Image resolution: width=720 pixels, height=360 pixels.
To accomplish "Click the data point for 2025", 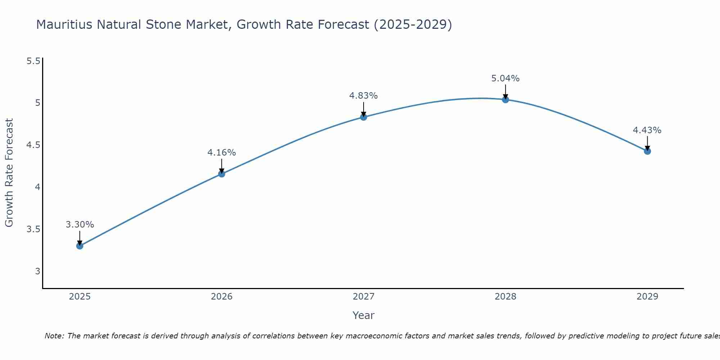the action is click(80, 246).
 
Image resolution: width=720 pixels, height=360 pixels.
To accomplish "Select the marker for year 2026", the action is click(222, 174).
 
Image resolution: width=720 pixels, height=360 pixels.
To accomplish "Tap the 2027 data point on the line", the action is click(364, 117).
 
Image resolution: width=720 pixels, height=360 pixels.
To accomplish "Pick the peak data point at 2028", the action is click(505, 100).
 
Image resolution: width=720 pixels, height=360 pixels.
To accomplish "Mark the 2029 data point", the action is click(647, 151).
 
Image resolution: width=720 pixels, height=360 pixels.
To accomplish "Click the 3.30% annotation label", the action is click(80, 225).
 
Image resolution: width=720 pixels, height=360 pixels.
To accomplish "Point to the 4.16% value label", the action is click(222, 153).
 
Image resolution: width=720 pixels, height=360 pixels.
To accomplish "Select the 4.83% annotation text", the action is click(364, 96).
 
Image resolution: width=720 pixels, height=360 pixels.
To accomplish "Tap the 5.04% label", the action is click(505, 78).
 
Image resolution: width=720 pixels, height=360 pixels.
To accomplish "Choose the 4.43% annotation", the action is click(647, 130).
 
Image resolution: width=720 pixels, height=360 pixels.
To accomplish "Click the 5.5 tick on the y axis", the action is click(33, 61).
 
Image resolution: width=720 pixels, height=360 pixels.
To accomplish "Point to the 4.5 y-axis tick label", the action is click(33, 145).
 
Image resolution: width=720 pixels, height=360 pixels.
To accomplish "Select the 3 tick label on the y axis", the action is click(37, 271).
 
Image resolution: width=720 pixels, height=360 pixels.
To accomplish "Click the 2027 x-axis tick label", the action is click(364, 297).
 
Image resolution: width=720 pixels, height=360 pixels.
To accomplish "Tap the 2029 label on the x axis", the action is click(647, 297).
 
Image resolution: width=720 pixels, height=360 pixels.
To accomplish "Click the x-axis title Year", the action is click(364, 315).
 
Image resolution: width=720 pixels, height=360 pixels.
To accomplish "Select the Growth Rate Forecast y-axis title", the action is click(9, 173).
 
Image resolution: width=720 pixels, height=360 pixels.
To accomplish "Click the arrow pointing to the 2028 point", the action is click(505, 91).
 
